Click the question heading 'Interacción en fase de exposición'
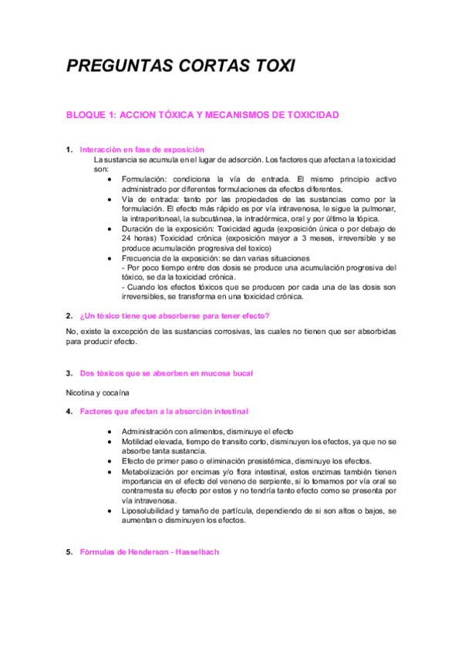coord(141,149)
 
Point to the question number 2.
coord(69,316)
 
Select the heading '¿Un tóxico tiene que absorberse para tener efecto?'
coord(174,316)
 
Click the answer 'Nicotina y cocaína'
coord(98,393)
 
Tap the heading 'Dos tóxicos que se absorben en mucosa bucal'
coord(166,373)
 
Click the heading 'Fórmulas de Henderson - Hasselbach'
coord(149,552)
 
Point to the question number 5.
coord(69,552)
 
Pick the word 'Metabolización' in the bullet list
coord(149,471)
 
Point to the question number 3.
coord(69,373)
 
